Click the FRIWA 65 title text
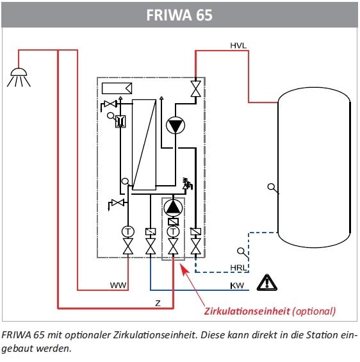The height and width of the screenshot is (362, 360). tap(179, 15)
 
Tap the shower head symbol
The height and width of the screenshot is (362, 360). tap(19, 78)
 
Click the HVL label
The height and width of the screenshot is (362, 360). tap(238, 45)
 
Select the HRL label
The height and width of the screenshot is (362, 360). tap(239, 268)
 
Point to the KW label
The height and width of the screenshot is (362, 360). tap(237, 286)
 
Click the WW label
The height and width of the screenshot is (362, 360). tap(118, 285)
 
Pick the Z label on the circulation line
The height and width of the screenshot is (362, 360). tap(158, 303)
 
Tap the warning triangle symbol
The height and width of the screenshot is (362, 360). tap(267, 283)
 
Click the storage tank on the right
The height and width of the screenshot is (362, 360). tap(315, 167)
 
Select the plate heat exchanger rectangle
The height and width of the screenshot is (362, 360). tap(144, 145)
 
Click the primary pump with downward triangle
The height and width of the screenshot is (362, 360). tap(176, 126)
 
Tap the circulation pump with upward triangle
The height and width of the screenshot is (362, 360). tap(173, 207)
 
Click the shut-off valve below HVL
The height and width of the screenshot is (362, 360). tap(195, 89)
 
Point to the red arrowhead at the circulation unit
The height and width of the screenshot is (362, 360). tap(184, 270)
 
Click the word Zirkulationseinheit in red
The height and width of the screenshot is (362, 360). tap(247, 311)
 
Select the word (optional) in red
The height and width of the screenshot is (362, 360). tap(314, 311)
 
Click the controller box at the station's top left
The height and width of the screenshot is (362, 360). tap(117, 88)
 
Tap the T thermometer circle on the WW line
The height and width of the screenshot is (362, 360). tap(128, 231)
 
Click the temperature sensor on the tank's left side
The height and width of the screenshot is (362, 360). tap(273, 188)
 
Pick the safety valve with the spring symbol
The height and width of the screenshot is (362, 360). tap(188, 183)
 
